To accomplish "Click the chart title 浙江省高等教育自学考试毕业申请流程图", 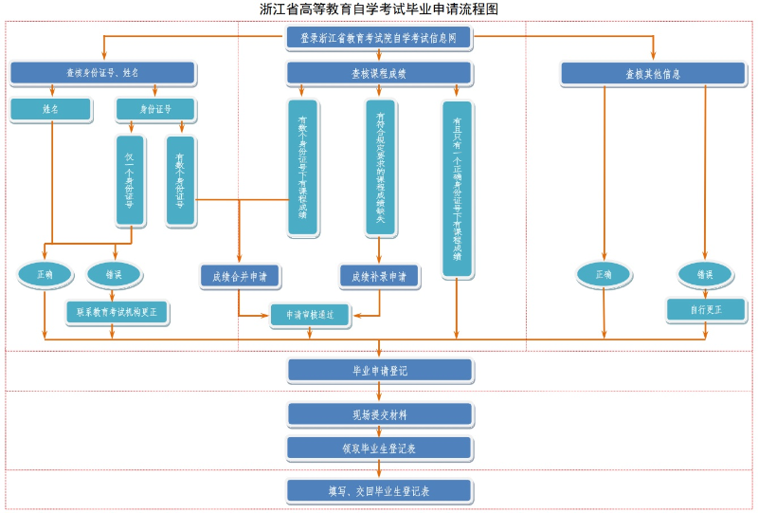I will (379, 9).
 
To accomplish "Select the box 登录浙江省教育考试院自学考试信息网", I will (379, 39).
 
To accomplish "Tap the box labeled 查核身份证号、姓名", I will (102, 73).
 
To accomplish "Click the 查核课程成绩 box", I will (379, 73).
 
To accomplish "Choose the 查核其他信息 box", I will (652, 74).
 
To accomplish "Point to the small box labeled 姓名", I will (51, 110).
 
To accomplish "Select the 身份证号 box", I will (155, 110).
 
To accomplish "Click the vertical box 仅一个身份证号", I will (130, 180).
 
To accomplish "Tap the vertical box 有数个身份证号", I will (180, 180).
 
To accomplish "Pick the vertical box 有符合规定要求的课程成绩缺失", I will (380, 168).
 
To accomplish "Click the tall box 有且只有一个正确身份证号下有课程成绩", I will (457, 189).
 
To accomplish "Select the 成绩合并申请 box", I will (240, 277).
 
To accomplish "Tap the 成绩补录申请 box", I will (379, 277).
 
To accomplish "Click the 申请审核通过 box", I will (309, 315).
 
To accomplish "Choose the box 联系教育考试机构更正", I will (117, 311).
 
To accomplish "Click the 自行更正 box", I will (706, 310).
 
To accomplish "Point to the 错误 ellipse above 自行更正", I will (705, 275).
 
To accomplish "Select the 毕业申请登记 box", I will (379, 371).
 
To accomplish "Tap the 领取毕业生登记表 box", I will (379, 448).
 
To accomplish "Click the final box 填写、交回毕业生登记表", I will (379, 491).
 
